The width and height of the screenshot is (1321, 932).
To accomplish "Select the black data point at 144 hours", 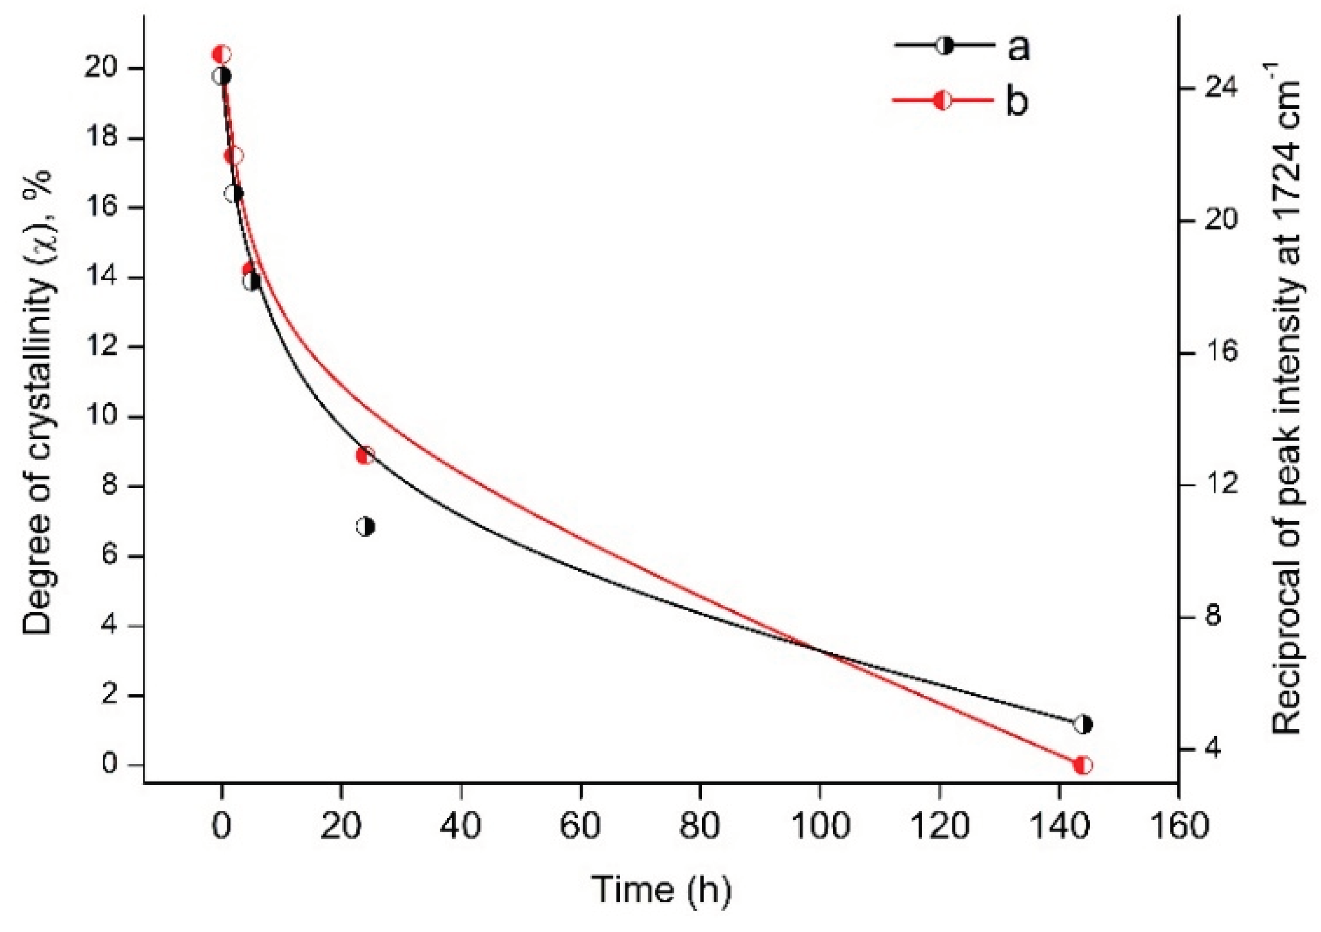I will [1083, 725].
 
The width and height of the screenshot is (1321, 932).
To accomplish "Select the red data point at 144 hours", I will [1083, 766].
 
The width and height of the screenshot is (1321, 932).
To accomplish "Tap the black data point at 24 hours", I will [365, 527].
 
